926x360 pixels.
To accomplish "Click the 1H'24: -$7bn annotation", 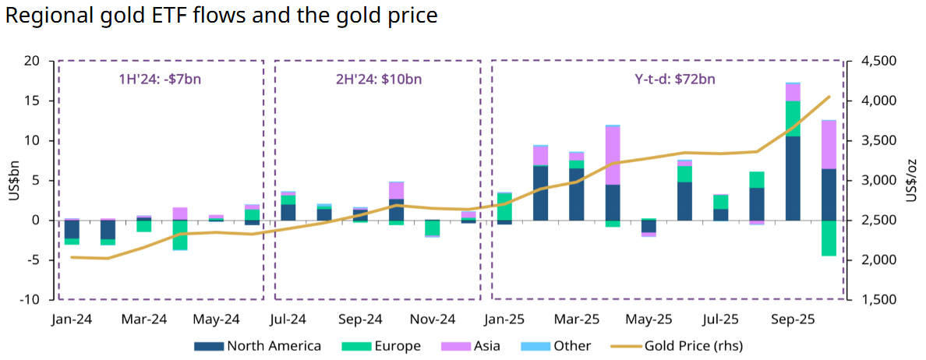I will click(x=160, y=78).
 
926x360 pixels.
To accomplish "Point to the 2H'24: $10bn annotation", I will click(x=377, y=78).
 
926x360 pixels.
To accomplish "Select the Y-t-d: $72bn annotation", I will click(x=668, y=78).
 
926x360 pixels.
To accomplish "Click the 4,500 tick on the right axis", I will click(x=879, y=62).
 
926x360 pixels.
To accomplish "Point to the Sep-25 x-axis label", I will click(x=793, y=319).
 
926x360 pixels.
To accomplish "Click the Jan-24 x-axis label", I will click(x=71, y=319).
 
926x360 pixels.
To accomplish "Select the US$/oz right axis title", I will click(x=914, y=181).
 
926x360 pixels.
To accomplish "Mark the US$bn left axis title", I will click(x=13, y=181).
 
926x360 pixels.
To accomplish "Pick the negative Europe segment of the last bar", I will click(x=829, y=238).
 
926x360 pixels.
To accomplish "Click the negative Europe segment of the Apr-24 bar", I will click(x=180, y=235).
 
